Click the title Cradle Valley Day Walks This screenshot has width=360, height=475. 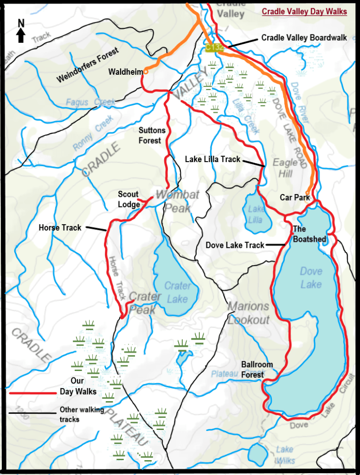[x=304, y=12]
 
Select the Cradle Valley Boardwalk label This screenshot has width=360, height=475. [x=304, y=38]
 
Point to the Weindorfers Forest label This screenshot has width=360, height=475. [x=88, y=65]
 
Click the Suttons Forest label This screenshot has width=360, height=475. [x=150, y=136]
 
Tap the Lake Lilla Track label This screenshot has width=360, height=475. [x=212, y=159]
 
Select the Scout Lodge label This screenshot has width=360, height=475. [x=129, y=200]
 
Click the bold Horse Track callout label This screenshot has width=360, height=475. [x=60, y=228]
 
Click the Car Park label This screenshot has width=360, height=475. [x=295, y=197]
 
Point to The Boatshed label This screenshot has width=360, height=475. [x=309, y=234]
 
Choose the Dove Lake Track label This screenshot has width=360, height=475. [x=235, y=245]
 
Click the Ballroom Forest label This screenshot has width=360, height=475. [x=257, y=370]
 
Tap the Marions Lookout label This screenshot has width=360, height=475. [x=248, y=313]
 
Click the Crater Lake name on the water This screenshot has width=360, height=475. [x=177, y=293]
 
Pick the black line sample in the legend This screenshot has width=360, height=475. [x=31, y=414]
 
